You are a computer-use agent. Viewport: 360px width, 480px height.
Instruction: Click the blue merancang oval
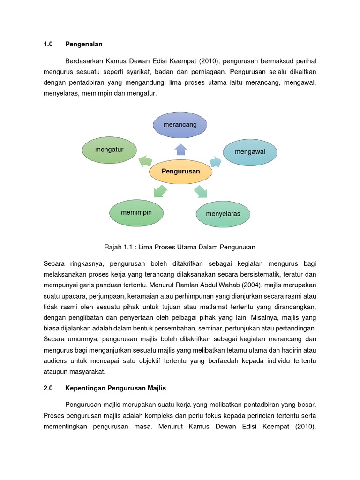point(180,125)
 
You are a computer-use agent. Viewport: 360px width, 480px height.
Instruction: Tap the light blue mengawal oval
point(250,152)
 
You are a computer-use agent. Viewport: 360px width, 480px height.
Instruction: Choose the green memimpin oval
point(136,212)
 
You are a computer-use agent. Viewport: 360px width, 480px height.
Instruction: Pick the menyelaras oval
point(223,214)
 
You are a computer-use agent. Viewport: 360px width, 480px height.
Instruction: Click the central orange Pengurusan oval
point(180,172)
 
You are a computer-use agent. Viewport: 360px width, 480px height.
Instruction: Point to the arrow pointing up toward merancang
point(180,149)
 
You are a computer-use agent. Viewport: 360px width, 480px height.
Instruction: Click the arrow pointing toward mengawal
point(215,162)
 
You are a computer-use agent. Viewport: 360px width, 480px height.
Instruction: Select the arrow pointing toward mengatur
point(145,161)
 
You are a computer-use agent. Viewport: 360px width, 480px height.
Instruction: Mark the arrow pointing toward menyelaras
point(201,191)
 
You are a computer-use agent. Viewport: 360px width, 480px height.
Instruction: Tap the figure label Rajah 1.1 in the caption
point(116,247)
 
